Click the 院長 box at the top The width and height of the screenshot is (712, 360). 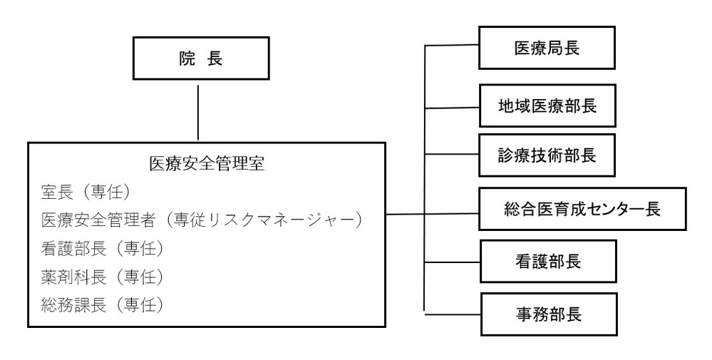(200, 59)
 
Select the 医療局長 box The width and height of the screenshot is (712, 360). (547, 48)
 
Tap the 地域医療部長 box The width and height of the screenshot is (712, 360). (547, 106)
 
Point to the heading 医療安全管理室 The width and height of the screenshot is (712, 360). (207, 164)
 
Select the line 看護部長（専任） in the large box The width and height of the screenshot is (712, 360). (103, 248)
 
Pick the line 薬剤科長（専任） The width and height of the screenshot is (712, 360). (103, 276)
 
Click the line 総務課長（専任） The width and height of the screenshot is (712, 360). (103, 304)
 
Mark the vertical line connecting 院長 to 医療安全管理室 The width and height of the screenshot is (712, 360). (199, 110)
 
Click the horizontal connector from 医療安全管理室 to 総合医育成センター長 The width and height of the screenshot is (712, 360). (431, 213)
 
